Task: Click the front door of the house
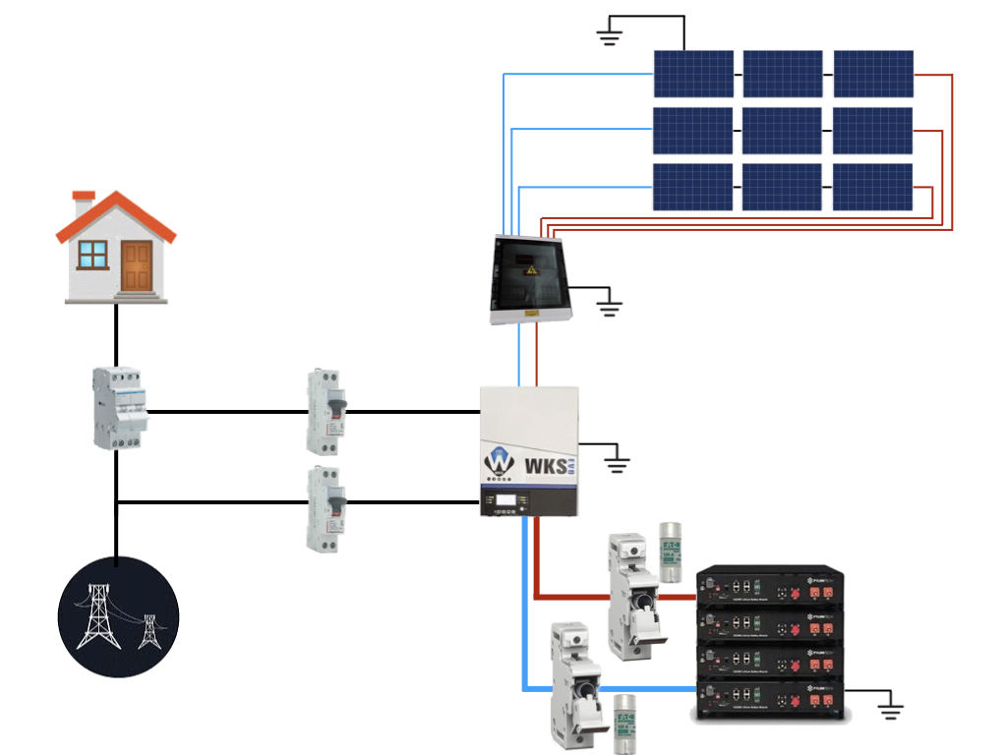(137, 265)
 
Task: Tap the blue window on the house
(93, 255)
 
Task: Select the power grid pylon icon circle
(118, 616)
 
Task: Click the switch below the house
(119, 408)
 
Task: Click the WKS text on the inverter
(547, 464)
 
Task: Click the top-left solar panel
(693, 74)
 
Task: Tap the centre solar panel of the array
(782, 131)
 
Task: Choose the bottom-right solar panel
(872, 187)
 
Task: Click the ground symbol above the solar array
(610, 38)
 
